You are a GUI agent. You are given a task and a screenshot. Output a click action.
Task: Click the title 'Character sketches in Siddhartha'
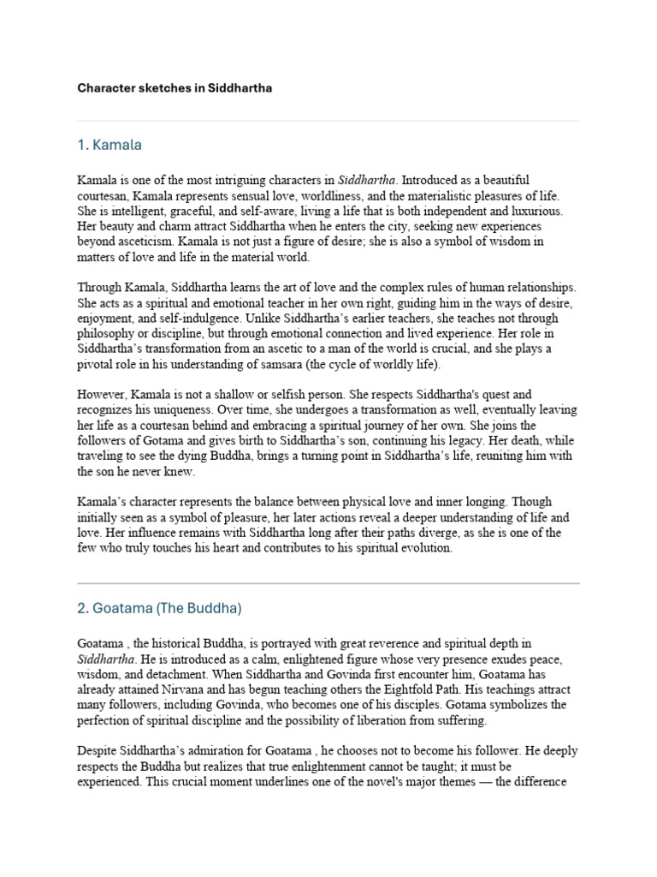(175, 88)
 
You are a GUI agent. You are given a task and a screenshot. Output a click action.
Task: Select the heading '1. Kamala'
(109, 145)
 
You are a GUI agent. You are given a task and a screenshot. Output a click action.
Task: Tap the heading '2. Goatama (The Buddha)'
(160, 608)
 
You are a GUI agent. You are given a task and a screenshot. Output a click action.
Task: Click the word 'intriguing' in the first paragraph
(238, 180)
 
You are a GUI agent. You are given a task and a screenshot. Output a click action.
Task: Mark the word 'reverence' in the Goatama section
(383, 642)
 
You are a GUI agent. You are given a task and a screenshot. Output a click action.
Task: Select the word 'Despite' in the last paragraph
(98, 750)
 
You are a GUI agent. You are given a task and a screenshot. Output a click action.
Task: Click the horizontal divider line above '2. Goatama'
(328, 583)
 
